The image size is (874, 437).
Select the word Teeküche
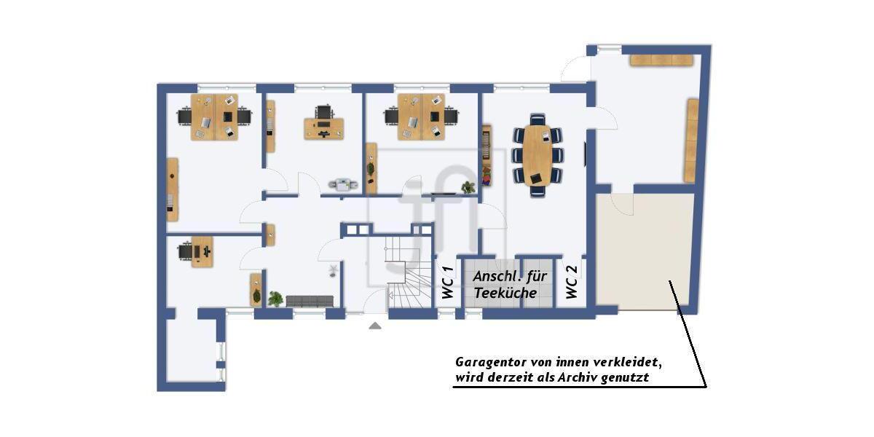(505, 293)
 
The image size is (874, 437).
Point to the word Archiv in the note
(574, 378)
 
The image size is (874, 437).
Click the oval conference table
(538, 155)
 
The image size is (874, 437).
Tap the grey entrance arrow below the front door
(375, 326)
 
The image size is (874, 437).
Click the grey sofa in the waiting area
(310, 301)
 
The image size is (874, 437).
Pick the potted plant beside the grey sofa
(275, 298)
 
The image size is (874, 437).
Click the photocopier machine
(342, 184)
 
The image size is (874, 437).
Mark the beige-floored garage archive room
(645, 251)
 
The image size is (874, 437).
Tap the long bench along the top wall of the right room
(661, 60)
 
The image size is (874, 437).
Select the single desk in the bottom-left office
(202, 251)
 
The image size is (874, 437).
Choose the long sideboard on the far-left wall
(173, 189)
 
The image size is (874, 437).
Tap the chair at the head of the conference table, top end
(538, 119)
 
